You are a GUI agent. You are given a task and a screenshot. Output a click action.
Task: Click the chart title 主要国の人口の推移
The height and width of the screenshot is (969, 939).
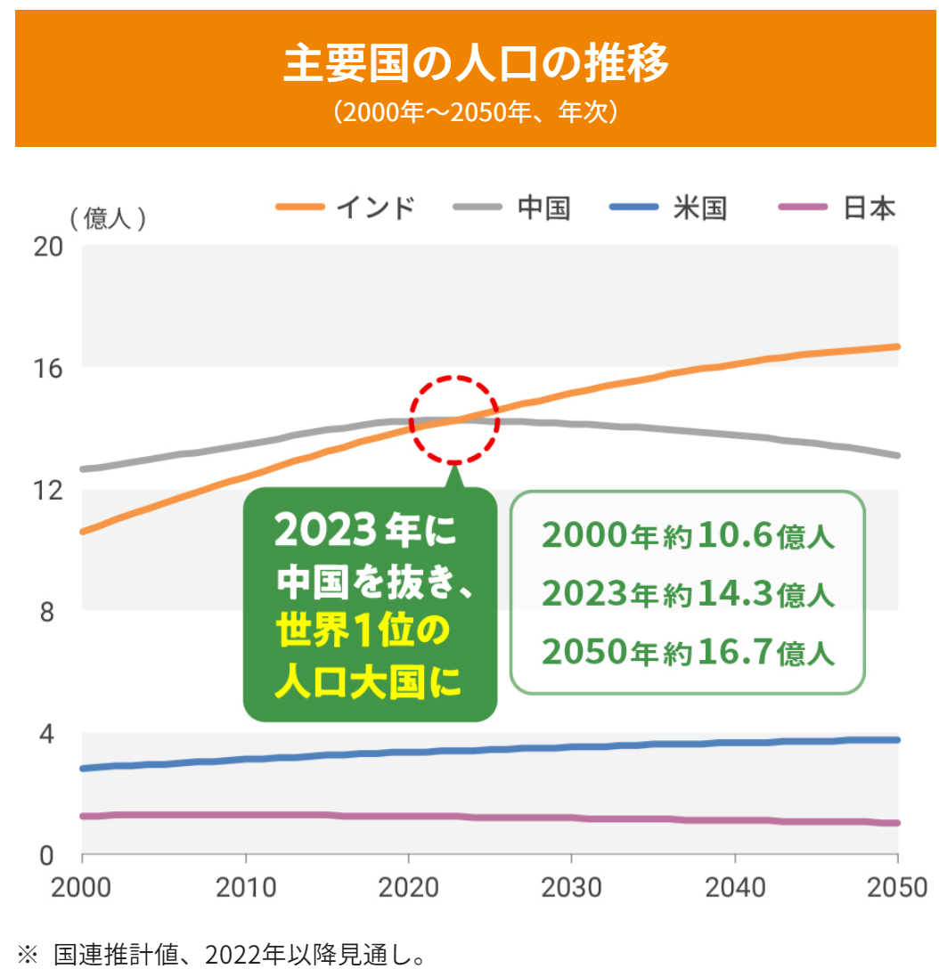[476, 62]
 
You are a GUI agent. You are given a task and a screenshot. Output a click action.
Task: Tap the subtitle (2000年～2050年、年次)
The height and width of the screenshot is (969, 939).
[476, 112]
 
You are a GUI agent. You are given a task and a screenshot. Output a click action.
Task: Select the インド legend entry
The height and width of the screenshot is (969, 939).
[345, 207]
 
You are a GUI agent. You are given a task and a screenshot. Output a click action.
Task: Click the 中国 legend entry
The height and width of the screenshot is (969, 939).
[511, 207]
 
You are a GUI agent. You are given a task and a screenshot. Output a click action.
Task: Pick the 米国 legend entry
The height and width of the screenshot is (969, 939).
[667, 207]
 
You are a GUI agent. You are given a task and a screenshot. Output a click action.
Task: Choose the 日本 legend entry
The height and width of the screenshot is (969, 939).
[837, 207]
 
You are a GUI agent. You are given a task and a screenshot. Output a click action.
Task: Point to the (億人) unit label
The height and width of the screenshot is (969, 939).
[108, 218]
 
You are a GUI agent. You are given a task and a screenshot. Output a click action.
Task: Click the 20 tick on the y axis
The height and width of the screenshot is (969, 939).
[47, 247]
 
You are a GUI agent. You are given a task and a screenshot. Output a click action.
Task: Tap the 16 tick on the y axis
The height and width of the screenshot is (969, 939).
[47, 369]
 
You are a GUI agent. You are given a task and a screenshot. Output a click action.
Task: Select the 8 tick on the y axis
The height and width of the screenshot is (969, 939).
[47, 612]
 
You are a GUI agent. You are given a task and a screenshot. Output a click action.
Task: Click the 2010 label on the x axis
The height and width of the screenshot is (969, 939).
[245, 887]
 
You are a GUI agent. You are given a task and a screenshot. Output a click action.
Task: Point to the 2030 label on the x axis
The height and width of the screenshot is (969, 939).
[571, 887]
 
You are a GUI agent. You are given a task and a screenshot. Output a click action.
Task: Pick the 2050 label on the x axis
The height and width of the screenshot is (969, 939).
[897, 887]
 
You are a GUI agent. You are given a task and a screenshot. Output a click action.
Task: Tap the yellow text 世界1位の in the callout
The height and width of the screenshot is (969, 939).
[363, 631]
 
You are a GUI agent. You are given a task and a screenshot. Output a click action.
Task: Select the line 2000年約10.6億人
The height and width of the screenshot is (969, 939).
[688, 535]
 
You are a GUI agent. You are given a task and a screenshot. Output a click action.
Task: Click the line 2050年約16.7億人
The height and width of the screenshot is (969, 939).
[688, 652]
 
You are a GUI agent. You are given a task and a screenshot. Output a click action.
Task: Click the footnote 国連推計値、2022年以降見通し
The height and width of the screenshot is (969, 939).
[240, 954]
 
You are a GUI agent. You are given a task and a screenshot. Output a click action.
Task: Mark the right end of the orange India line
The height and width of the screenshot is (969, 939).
[897, 346]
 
